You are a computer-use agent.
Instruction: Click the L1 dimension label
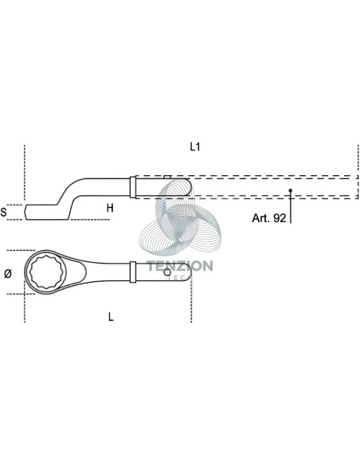coord(195,147)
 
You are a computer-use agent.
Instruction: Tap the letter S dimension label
coord(3,212)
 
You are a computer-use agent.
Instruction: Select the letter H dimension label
coord(110,208)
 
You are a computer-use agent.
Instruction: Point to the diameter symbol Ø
coord(8,274)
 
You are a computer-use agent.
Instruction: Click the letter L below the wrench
coord(111,317)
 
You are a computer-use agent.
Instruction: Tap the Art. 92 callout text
coord(269,218)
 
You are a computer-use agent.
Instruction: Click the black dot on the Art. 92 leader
coord(291,190)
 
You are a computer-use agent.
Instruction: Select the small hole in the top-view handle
coord(167,272)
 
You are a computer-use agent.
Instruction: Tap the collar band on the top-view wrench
coord(133,272)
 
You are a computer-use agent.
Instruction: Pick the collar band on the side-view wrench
coord(133,187)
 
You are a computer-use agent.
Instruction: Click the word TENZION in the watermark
coord(180,266)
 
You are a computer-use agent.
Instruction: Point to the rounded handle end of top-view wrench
coord(187,272)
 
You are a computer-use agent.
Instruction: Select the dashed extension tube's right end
coord(358,187)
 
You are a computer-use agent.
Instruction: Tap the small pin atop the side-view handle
coord(167,177)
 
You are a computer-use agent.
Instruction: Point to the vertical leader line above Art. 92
coord(291,207)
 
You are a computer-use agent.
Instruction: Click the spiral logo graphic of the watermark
coord(180,216)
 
